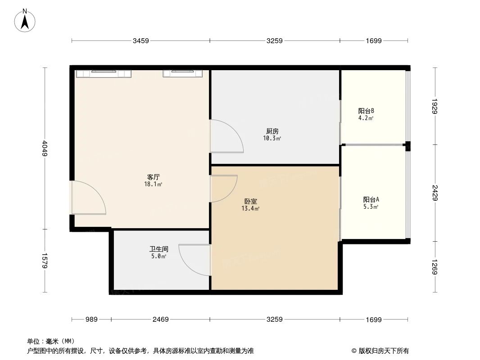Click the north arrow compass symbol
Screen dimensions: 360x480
pyautogui.click(x=25, y=20)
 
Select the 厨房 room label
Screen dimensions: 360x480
pyautogui.click(x=272, y=131)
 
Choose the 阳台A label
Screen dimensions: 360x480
pyautogui.click(x=371, y=199)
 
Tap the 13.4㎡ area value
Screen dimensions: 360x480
pyautogui.click(x=251, y=208)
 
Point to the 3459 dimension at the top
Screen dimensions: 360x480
pyautogui.click(x=140, y=41)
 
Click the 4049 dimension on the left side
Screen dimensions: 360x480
pyautogui.click(x=44, y=148)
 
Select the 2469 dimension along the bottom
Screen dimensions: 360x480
pyautogui.click(x=160, y=319)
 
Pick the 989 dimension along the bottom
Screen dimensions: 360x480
pyautogui.click(x=91, y=319)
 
